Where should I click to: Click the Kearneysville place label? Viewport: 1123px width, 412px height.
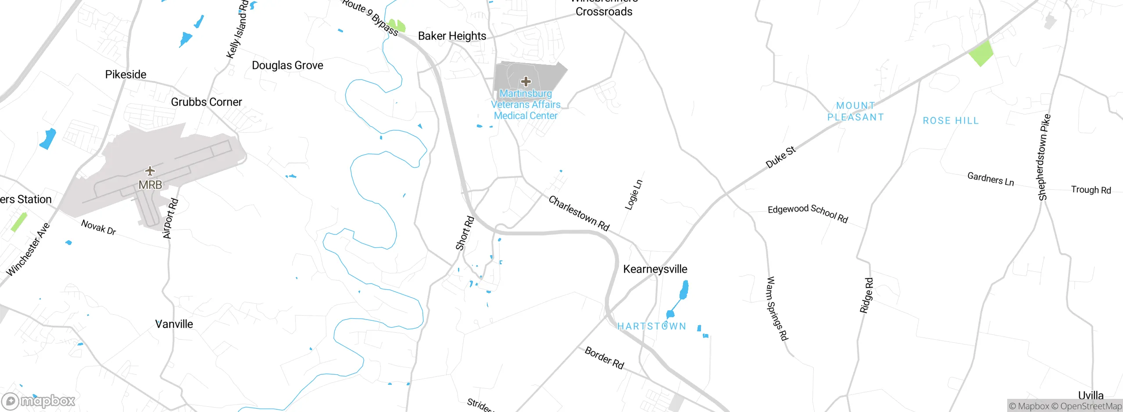[x=655, y=269]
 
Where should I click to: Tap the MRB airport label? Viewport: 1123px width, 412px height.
[x=150, y=185]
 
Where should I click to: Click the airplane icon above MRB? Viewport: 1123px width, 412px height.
[x=150, y=170]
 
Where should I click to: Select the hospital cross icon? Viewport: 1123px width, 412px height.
[x=526, y=82]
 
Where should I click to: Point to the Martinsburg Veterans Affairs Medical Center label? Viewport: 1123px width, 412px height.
[x=526, y=105]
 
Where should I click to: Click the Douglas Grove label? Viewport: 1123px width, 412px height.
[x=287, y=66]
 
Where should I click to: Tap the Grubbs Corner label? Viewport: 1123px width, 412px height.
[x=206, y=102]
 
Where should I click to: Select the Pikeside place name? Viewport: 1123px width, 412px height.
[x=125, y=75]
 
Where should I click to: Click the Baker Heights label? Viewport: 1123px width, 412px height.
[x=452, y=36]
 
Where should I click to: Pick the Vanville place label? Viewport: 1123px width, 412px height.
[x=174, y=324]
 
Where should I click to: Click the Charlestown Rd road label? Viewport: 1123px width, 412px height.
[x=579, y=213]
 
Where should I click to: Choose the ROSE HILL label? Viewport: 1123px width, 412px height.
[x=951, y=121]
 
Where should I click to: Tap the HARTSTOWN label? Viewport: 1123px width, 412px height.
[x=651, y=327]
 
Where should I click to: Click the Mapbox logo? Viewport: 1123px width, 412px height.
[x=39, y=401]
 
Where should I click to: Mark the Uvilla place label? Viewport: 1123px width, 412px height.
[x=1091, y=395]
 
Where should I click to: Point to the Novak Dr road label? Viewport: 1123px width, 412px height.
[x=99, y=227]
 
